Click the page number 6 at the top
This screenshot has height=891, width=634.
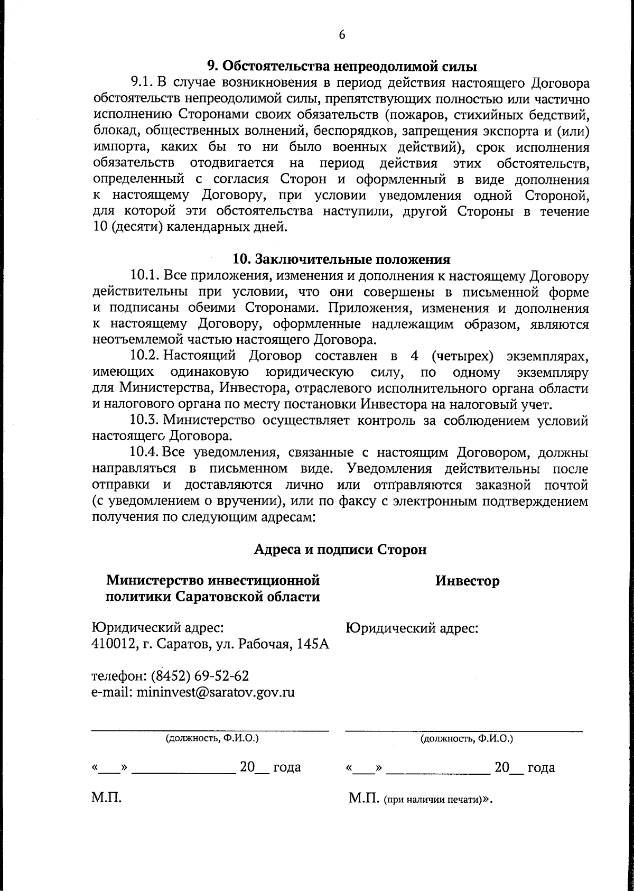(341, 34)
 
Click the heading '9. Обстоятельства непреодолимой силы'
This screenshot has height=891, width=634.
(341, 67)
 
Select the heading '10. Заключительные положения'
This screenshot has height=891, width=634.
(341, 259)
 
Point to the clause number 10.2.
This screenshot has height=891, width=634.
(145, 357)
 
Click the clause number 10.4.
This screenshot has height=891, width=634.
(145, 453)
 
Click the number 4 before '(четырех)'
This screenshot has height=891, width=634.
(414, 357)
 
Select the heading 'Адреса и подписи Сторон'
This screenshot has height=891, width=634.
(340, 549)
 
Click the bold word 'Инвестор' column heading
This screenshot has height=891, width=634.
(467, 581)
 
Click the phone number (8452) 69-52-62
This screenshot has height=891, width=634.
(200, 676)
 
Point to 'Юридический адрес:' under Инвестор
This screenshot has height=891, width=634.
(412, 628)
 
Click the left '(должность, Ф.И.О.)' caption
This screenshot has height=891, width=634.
(212, 738)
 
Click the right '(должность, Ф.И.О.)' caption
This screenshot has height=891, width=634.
(467, 738)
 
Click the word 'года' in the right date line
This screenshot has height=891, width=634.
(541, 767)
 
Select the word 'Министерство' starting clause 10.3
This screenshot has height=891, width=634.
(209, 421)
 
